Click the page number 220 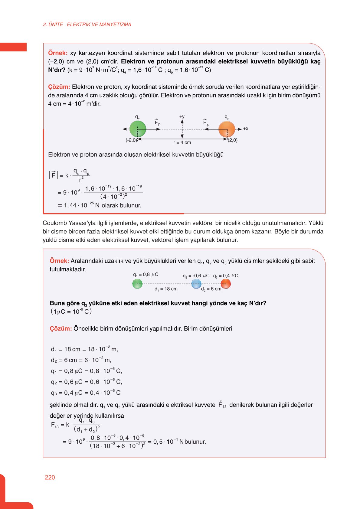50,477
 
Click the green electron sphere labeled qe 138,129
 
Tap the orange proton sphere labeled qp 227,129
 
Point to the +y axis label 182,117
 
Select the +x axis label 246,129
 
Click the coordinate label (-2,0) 131,140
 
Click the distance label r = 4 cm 182,142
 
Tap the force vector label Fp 157,122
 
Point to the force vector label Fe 206,122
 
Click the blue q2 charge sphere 196,284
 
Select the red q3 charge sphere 226,284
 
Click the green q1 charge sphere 137,284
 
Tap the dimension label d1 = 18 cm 166,289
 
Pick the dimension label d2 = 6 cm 211,289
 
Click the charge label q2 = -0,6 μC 196,276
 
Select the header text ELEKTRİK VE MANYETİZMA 99,24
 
